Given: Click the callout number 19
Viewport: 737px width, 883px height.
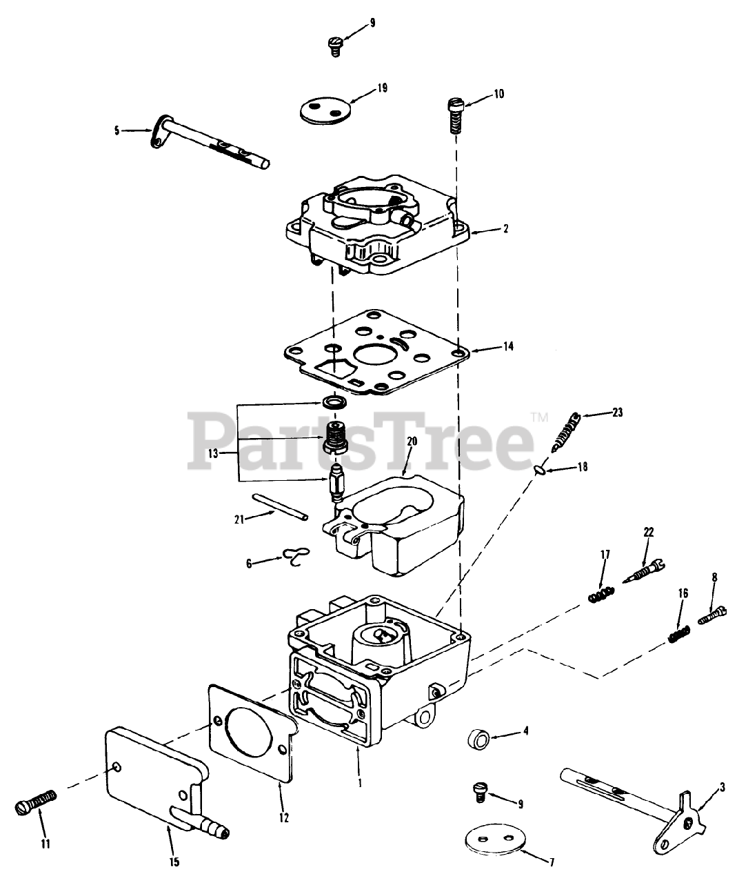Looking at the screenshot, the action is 382,88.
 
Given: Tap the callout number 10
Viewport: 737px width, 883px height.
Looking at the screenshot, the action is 498,94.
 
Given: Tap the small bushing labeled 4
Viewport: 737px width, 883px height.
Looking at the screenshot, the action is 478,740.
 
